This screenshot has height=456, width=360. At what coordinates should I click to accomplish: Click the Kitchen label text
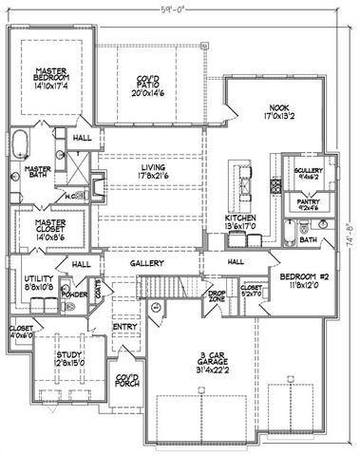[x=238, y=220]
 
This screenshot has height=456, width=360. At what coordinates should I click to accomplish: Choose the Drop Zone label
[x=218, y=295]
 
